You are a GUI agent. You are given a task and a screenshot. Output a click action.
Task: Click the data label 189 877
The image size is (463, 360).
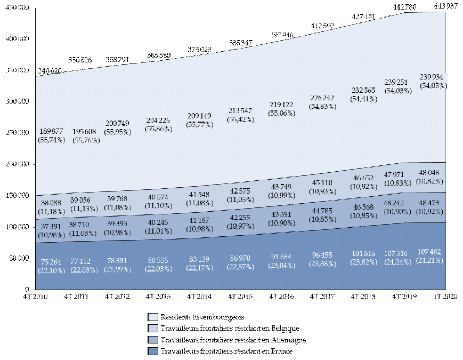(x=51, y=132)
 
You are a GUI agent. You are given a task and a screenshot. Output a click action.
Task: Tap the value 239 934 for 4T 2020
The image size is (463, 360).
(x=432, y=76)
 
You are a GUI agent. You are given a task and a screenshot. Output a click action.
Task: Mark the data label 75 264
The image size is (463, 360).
(x=52, y=262)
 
